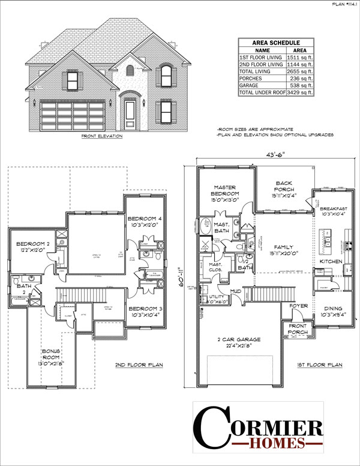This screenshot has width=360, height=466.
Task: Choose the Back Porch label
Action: tap(283, 186)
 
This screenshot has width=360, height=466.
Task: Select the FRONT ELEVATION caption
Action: tap(102, 136)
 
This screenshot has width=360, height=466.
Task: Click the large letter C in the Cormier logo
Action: tap(211, 427)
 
